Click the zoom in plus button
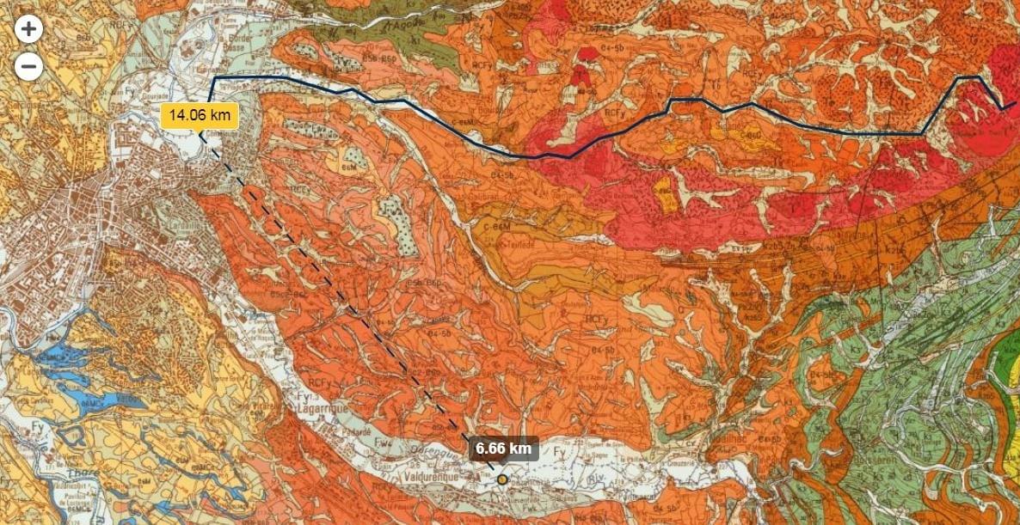[28, 29]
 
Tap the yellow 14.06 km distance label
[198, 115]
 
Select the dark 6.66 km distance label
[503, 449]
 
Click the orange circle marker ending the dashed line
[502, 479]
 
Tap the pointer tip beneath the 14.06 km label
[201, 135]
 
